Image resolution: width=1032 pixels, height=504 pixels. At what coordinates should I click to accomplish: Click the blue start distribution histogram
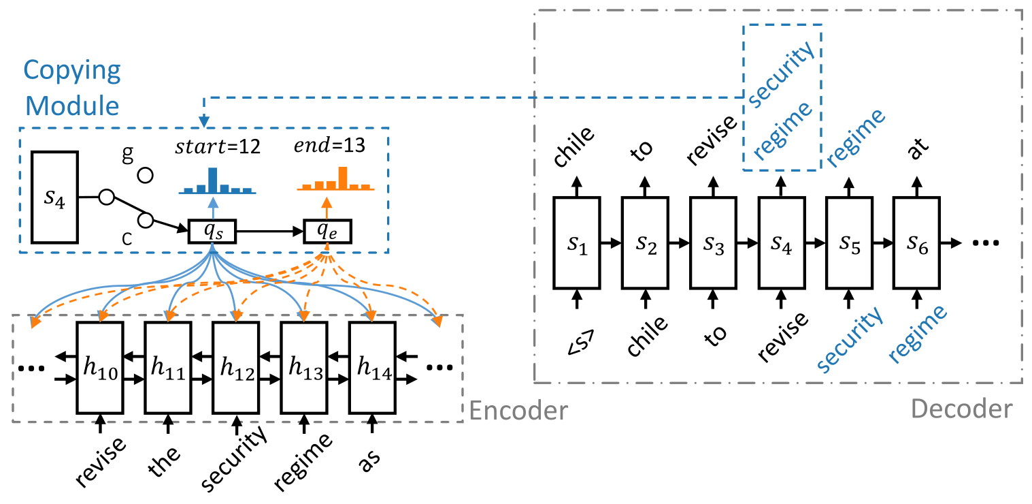pos(217,180)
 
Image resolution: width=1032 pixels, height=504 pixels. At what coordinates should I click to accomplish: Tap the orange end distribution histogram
pos(335,178)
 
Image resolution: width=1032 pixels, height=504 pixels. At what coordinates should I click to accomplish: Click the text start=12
pos(218,146)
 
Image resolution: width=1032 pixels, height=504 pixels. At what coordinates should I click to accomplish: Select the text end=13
pos(329,145)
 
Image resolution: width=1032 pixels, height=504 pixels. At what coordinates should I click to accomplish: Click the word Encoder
pos(518,411)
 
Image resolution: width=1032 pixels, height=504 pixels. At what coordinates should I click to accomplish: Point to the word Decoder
pos(961,409)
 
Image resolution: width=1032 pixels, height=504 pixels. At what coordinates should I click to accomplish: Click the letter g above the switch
pos(128,153)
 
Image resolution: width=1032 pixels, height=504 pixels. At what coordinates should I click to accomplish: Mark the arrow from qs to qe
pos(270,231)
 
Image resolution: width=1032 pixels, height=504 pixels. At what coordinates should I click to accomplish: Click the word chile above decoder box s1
pos(573,146)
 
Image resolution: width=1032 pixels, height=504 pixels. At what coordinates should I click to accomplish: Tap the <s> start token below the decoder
pos(580,342)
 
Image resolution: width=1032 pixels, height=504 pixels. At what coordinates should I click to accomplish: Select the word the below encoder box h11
pos(163,461)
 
